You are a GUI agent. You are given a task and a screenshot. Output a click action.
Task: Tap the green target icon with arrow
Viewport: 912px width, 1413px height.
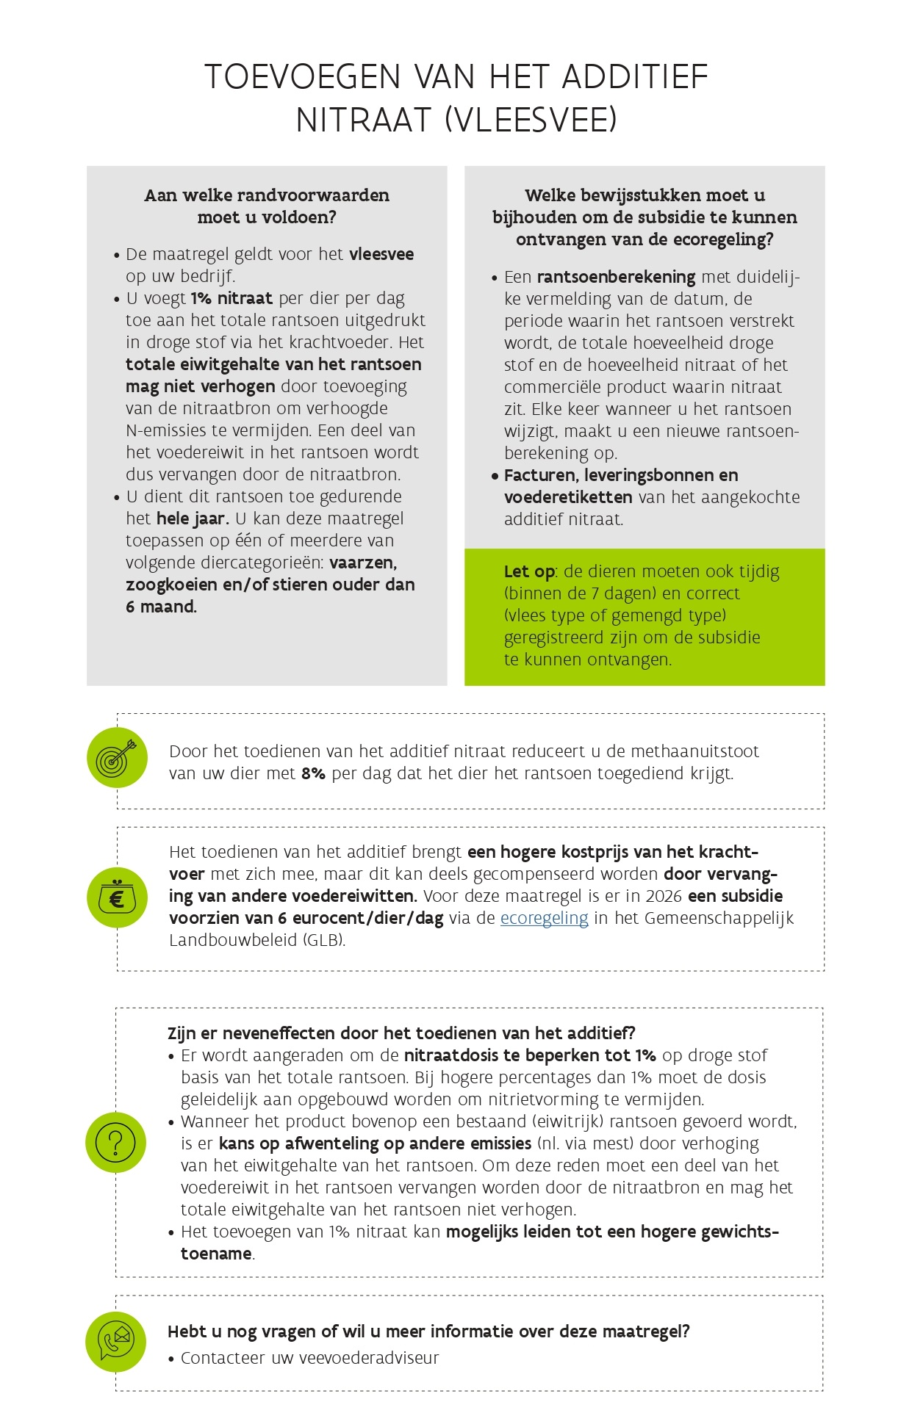coord(117,758)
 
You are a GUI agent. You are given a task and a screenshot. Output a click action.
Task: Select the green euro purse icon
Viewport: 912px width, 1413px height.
coord(117,897)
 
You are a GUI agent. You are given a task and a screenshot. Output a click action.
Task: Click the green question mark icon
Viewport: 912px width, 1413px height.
coord(116,1143)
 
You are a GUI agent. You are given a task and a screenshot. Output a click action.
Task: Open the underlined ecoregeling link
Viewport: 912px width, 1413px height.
coord(544,918)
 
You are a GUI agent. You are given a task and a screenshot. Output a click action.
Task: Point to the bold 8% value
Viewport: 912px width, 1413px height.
coord(313,773)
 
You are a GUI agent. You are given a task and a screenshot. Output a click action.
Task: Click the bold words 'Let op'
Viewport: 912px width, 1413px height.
coord(529,571)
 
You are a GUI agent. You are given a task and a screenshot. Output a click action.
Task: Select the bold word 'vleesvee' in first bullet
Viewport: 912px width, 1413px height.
coord(381,254)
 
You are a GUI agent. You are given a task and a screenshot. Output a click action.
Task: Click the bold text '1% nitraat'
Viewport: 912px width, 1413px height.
coord(231,298)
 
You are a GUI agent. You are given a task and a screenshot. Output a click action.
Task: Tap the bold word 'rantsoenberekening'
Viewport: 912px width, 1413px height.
coord(616,277)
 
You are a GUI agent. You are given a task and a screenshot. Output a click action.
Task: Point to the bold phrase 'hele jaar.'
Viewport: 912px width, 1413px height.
coord(193,518)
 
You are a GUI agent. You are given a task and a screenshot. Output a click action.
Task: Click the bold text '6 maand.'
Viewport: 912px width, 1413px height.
coord(161,607)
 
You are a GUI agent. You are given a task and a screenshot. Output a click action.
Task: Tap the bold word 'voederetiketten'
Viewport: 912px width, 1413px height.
coord(568,497)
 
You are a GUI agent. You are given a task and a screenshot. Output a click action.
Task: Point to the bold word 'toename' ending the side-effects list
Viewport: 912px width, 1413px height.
coord(216,1254)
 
